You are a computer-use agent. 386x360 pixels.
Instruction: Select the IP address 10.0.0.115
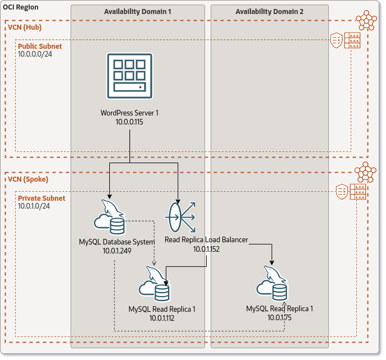129,121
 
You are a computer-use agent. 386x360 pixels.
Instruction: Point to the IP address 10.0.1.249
117,251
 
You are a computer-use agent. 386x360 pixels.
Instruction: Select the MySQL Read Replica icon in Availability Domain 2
272,284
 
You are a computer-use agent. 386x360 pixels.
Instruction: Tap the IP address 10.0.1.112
162,317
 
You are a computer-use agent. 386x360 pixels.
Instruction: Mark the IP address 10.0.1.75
280,317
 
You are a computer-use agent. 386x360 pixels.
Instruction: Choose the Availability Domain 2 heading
269,12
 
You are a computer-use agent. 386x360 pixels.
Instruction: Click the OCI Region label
21,7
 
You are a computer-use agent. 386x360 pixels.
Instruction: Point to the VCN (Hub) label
25,27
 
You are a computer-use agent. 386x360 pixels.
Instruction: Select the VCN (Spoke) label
28,179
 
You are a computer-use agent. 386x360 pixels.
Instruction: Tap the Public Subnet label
40,46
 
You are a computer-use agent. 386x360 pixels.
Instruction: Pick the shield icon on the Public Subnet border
336,40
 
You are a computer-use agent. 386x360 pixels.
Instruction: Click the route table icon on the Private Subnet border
358,192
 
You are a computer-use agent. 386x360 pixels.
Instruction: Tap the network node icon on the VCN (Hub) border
367,20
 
